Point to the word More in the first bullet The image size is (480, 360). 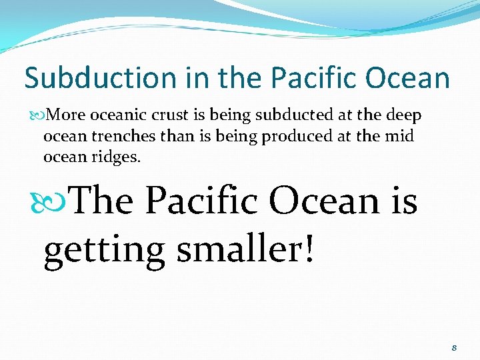(x=65, y=115)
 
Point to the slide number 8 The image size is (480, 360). (x=454, y=348)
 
